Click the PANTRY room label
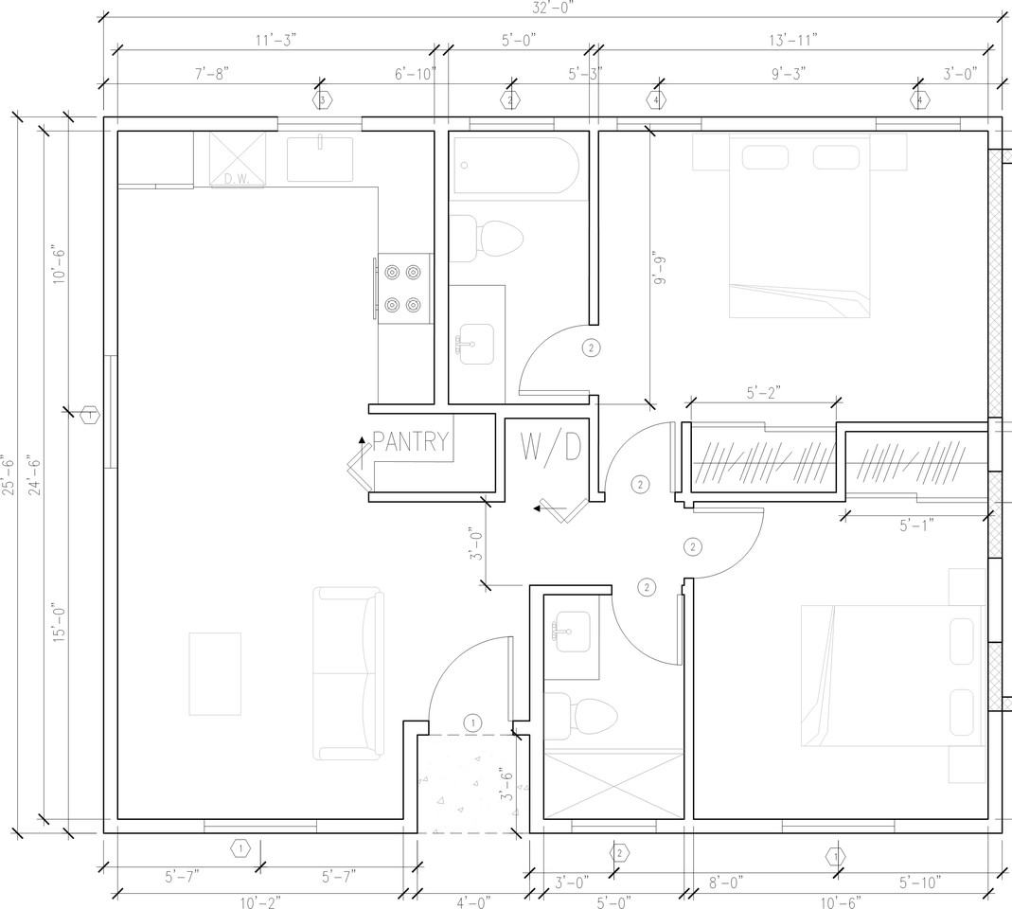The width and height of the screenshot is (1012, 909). (411, 441)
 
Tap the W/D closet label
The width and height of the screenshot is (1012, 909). (551, 447)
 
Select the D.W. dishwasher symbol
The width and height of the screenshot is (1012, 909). (238, 159)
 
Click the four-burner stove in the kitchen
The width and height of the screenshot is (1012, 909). (404, 289)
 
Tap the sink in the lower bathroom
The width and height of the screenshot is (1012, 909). (572, 633)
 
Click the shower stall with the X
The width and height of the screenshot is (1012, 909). (613, 784)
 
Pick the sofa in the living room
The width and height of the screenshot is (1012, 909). (348, 673)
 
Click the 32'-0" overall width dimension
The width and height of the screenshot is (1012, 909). (553, 7)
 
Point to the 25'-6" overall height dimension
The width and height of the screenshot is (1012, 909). (8, 475)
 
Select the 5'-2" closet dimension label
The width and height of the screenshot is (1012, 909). (764, 392)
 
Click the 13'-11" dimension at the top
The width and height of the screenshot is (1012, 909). (793, 40)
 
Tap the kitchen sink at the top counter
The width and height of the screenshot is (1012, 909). (320, 159)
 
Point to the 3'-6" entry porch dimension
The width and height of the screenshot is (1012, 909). (507, 787)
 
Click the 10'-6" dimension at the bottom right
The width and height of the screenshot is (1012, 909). (840, 901)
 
